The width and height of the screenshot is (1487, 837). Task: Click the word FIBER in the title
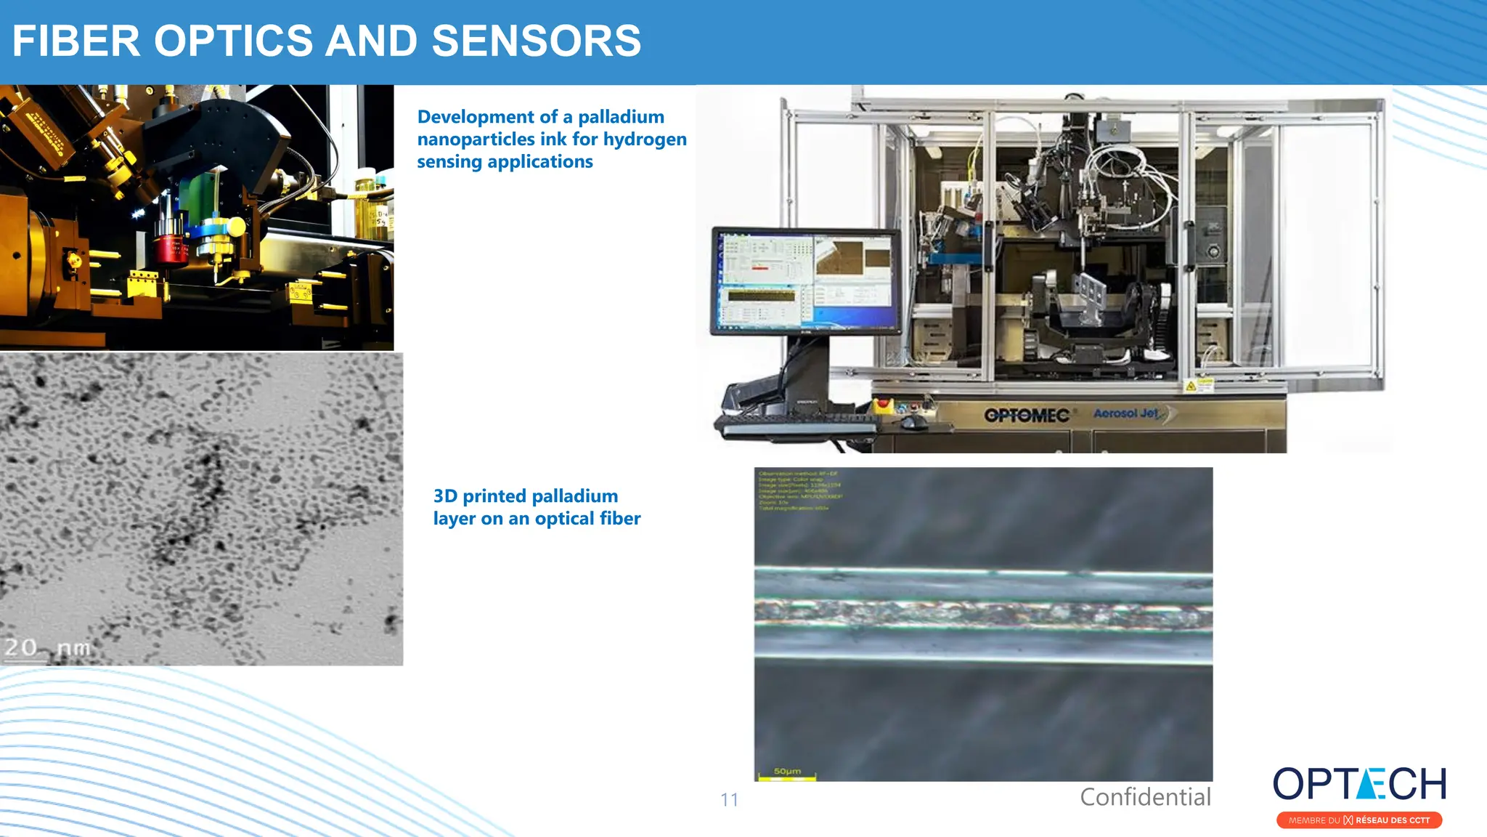(x=76, y=41)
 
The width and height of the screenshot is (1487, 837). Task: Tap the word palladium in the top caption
(x=621, y=117)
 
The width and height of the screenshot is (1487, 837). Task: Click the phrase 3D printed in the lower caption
(x=480, y=496)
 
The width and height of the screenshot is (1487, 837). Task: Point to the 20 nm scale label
(x=48, y=647)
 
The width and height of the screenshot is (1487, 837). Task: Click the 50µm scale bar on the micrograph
(x=786, y=778)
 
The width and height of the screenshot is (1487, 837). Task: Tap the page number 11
(x=729, y=800)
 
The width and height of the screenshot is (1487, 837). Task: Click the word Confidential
(x=1145, y=797)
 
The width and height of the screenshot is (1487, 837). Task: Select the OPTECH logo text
(x=1359, y=785)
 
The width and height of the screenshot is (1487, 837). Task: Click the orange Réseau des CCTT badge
(x=1359, y=820)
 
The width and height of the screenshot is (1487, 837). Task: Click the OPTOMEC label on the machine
(x=1027, y=416)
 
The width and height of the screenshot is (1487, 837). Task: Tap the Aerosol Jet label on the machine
(x=1126, y=413)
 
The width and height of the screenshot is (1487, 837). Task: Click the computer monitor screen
(x=805, y=280)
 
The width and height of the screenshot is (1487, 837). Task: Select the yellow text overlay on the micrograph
(x=799, y=490)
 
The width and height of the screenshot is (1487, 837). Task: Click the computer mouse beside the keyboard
(x=912, y=421)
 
